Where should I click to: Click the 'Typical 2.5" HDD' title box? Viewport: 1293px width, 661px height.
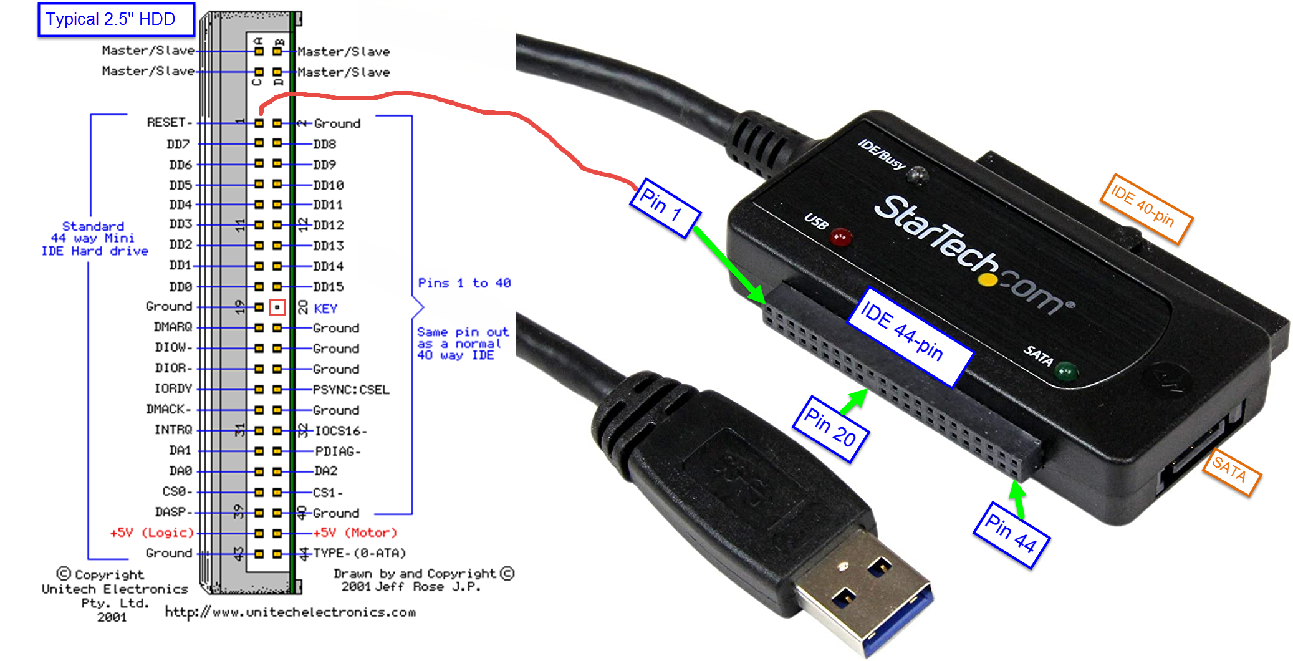click(116, 19)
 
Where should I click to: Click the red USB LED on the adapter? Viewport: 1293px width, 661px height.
click(840, 238)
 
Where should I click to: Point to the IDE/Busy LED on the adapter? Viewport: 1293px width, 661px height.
click(916, 176)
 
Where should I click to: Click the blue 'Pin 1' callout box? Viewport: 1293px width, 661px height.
click(665, 208)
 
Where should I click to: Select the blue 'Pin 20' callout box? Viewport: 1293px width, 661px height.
click(830, 430)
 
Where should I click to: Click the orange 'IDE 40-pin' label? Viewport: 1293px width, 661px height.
click(1146, 208)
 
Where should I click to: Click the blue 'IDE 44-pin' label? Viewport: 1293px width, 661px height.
click(910, 336)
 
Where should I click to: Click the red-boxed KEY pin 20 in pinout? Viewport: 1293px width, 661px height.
click(277, 307)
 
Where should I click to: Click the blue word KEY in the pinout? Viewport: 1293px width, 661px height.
click(325, 309)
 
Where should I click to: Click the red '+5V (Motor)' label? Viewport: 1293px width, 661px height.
click(355, 533)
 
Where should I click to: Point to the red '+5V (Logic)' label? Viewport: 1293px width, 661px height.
click(152, 533)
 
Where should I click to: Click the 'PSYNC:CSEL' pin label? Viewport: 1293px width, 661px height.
click(351, 390)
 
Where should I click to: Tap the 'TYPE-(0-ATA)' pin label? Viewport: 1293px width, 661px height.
click(360, 553)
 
